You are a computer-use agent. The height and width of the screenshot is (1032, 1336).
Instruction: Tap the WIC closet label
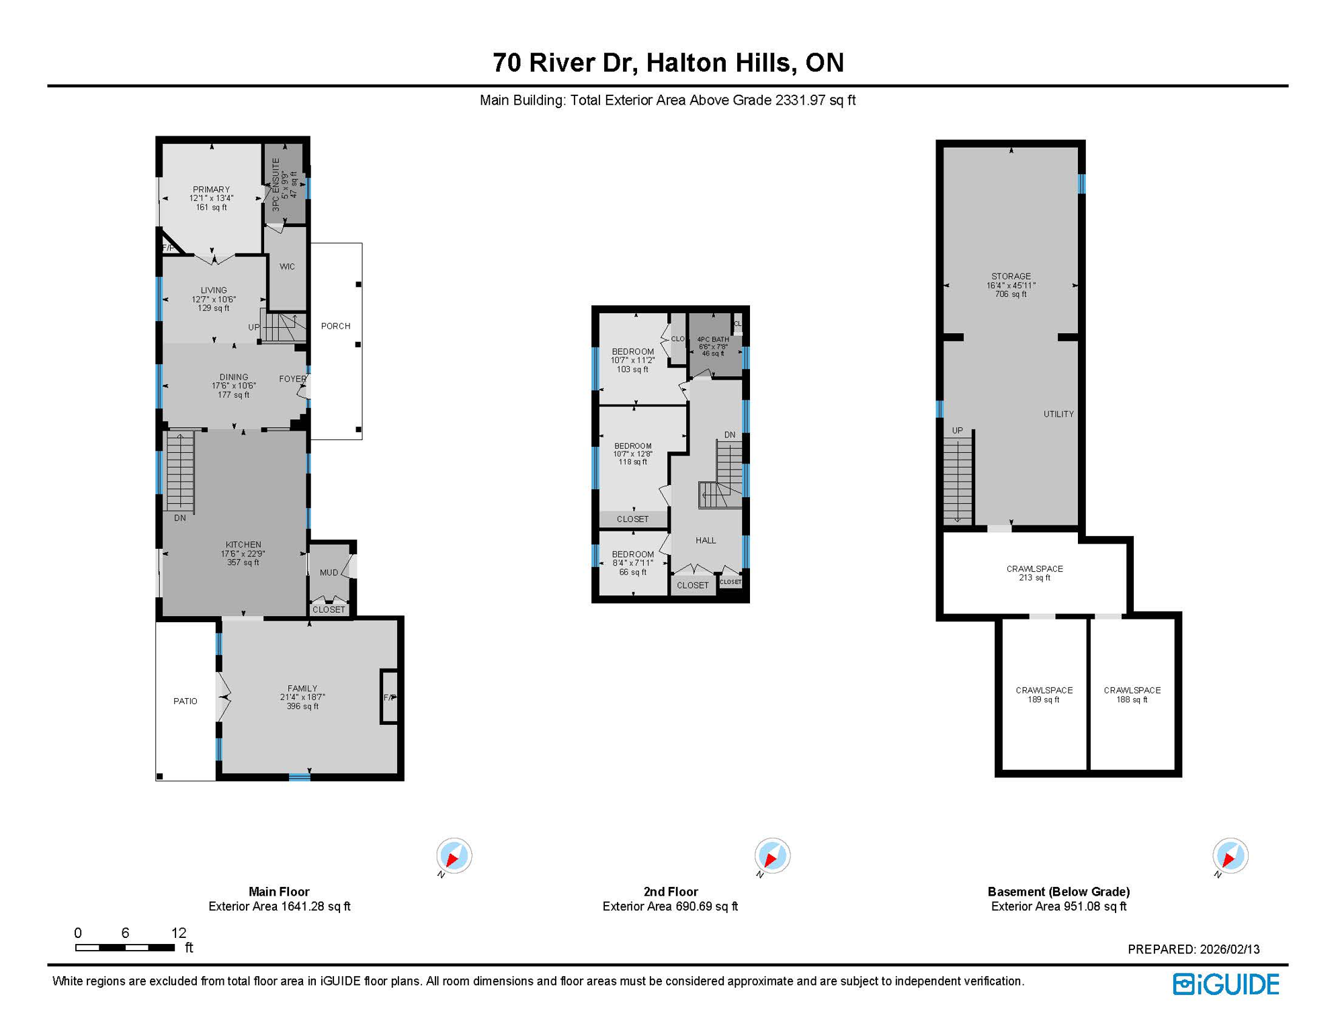point(287,267)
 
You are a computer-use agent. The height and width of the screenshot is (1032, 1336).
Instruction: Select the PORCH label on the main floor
point(335,326)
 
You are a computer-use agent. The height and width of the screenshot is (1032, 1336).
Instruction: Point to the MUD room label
point(329,572)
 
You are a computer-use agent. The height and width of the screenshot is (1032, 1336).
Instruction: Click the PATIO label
point(185,701)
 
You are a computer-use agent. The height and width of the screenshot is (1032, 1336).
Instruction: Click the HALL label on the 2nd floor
point(706,540)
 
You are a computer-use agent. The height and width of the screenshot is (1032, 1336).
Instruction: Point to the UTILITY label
point(1058,414)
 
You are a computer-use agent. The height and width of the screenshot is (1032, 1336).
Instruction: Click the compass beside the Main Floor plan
point(454,856)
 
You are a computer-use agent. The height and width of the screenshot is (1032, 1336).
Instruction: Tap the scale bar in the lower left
point(125,947)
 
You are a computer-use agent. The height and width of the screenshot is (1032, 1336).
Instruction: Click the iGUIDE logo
point(1226,984)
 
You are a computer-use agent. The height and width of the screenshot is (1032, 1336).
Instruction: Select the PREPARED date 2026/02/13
point(1193,949)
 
